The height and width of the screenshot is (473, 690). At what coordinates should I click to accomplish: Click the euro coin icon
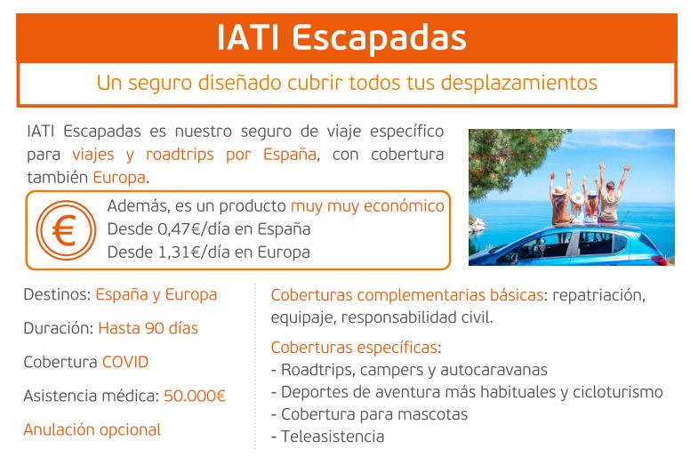66,229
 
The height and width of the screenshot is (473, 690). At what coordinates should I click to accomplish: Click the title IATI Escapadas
342,38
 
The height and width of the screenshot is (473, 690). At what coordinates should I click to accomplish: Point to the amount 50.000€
195,396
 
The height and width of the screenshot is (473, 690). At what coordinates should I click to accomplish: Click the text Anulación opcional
92,430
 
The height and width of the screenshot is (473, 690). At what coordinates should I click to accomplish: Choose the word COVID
125,362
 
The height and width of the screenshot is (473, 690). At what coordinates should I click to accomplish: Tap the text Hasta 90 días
148,328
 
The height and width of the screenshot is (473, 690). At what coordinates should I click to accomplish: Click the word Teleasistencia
333,437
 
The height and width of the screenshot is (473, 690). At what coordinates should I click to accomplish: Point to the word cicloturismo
618,391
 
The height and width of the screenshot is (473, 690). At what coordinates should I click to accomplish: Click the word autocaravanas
493,370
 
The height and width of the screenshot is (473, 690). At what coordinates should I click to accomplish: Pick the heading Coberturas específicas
354,348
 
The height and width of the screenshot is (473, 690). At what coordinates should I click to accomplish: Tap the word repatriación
598,295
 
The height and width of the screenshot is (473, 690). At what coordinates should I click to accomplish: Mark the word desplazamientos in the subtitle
519,83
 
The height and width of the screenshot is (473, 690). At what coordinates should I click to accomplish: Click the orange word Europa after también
119,177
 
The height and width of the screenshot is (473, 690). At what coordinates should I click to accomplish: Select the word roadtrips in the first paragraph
180,155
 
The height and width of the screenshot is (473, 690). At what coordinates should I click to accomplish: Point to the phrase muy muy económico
367,206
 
